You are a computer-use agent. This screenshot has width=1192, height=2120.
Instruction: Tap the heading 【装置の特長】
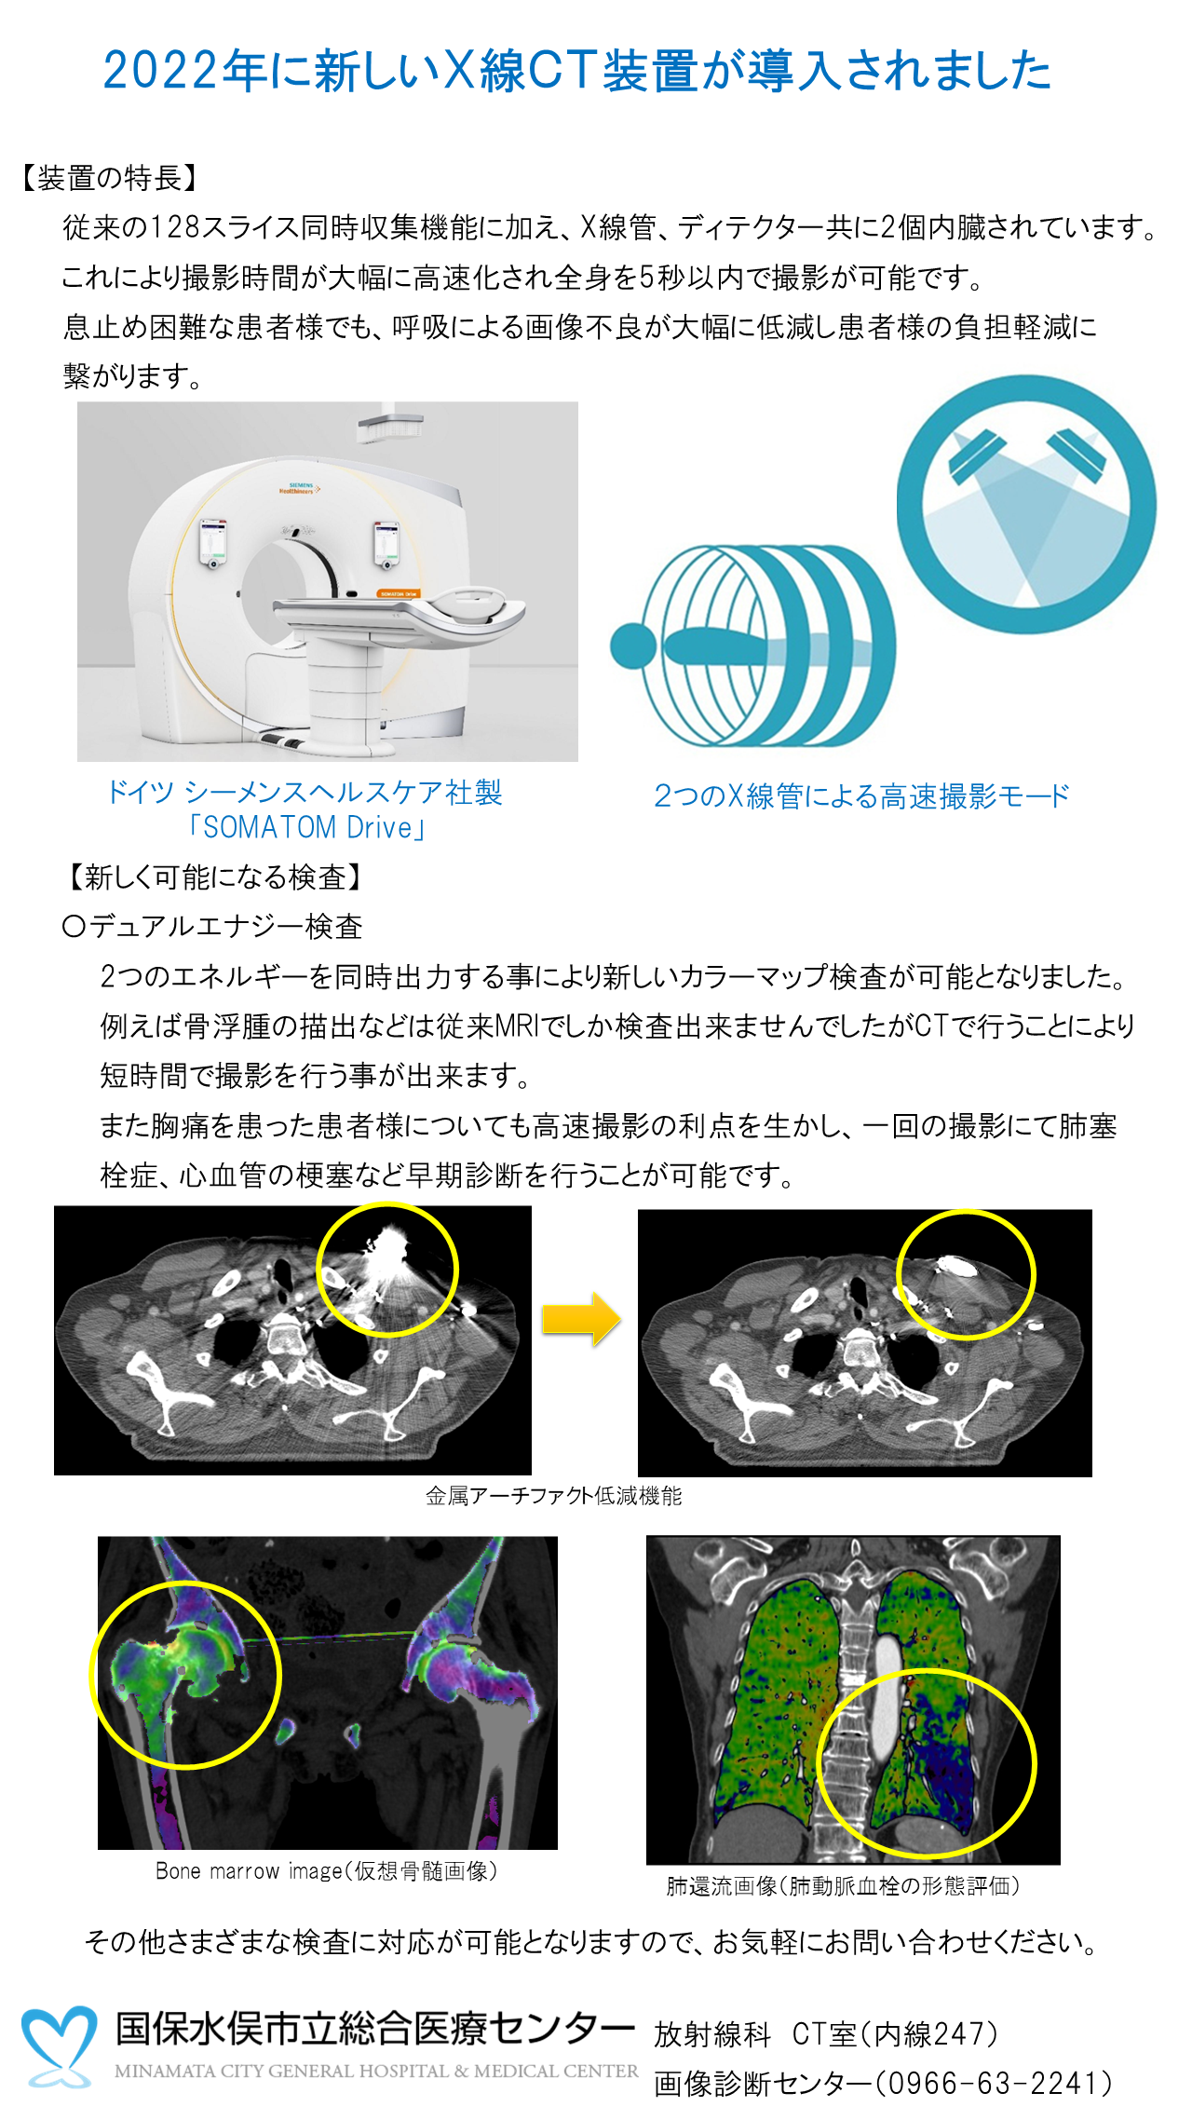pyautogui.click(x=109, y=178)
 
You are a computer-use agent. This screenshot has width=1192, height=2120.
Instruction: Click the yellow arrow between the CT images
pyautogui.click(x=581, y=1318)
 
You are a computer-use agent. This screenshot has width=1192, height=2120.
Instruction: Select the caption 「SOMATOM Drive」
pyautogui.click(x=306, y=827)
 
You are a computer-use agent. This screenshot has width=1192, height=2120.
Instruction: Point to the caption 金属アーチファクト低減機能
pyautogui.click(x=553, y=1496)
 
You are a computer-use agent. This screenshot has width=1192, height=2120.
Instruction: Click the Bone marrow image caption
pyautogui.click(x=327, y=1871)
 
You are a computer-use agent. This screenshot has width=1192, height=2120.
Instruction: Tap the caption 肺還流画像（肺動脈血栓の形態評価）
pyautogui.click(x=843, y=1886)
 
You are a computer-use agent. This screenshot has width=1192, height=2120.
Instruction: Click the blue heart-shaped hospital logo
pyautogui.click(x=59, y=2045)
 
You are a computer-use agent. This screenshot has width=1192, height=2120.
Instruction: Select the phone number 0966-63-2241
pyautogui.click(x=990, y=2083)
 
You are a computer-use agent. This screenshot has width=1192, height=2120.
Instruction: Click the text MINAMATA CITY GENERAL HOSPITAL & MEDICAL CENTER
pyautogui.click(x=376, y=2072)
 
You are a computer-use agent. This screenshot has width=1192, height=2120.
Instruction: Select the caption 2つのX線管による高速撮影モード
pyautogui.click(x=861, y=796)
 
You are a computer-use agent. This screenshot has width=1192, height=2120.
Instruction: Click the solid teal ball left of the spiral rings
pyautogui.click(x=634, y=646)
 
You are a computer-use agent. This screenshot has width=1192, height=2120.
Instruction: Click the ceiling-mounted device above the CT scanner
pyautogui.click(x=389, y=424)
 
